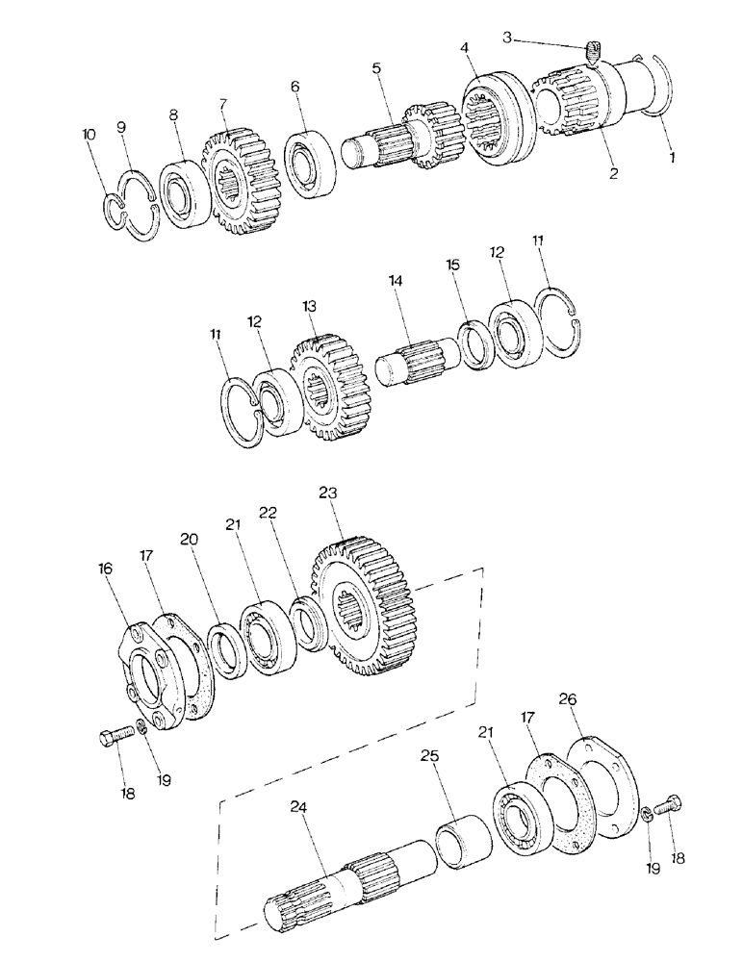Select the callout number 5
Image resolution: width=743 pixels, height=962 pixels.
376,68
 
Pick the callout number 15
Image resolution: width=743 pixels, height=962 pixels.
453,264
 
